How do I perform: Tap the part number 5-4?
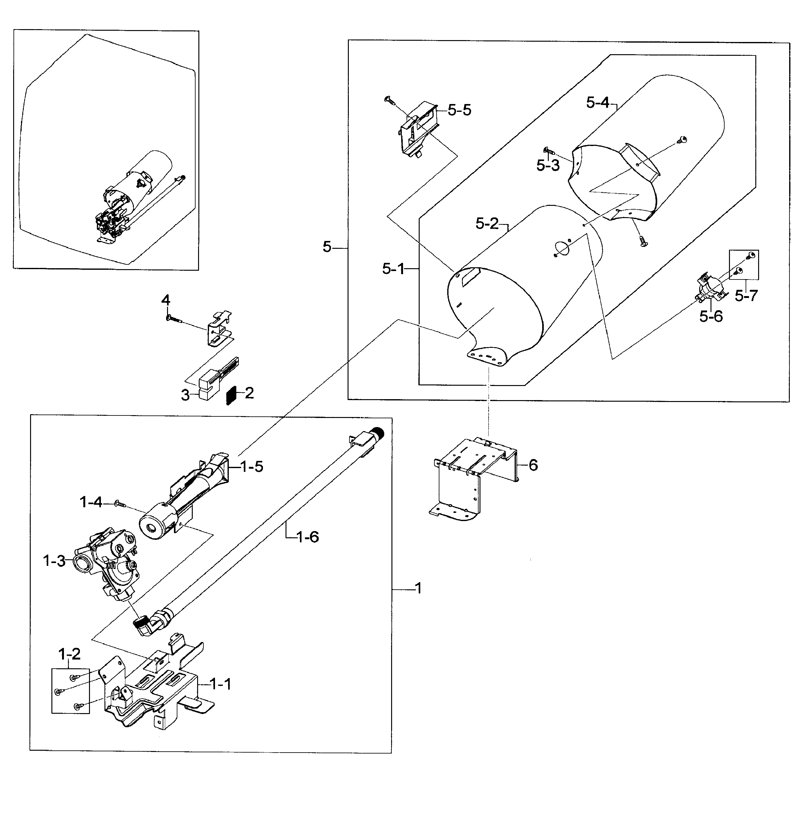[x=597, y=102]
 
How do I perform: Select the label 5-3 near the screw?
[x=548, y=165]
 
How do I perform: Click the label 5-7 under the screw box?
[x=746, y=296]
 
